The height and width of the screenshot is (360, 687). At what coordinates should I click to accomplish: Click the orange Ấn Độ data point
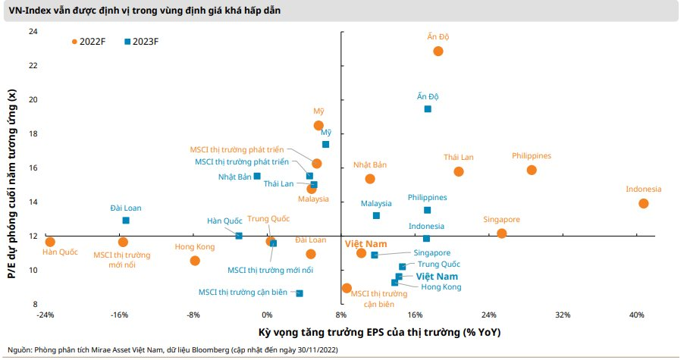coord(438,51)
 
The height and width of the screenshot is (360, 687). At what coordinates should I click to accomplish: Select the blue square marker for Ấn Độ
coord(428,109)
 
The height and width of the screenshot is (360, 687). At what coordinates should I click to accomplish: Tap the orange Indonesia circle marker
coord(643,203)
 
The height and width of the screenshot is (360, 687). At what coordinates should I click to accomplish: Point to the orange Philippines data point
coord(531,170)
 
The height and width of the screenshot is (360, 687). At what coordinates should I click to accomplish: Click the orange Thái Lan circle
coord(459,171)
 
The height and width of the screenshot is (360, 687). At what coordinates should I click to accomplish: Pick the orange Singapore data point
coord(501,233)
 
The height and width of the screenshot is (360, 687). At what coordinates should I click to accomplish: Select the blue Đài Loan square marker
coord(126,221)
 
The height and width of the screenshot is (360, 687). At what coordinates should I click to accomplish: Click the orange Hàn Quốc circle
coord(50,242)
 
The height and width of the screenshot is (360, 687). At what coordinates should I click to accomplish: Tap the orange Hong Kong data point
coord(195,261)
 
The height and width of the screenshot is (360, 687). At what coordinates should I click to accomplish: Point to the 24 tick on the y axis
coord(33,31)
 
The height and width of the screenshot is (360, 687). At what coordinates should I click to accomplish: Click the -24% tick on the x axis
coord(45,315)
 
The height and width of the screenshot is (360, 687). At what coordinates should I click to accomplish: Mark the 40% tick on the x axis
coord(636,315)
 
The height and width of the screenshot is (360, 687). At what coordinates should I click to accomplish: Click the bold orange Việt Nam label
coord(366,244)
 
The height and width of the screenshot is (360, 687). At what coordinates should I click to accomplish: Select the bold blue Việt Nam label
coord(436,277)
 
